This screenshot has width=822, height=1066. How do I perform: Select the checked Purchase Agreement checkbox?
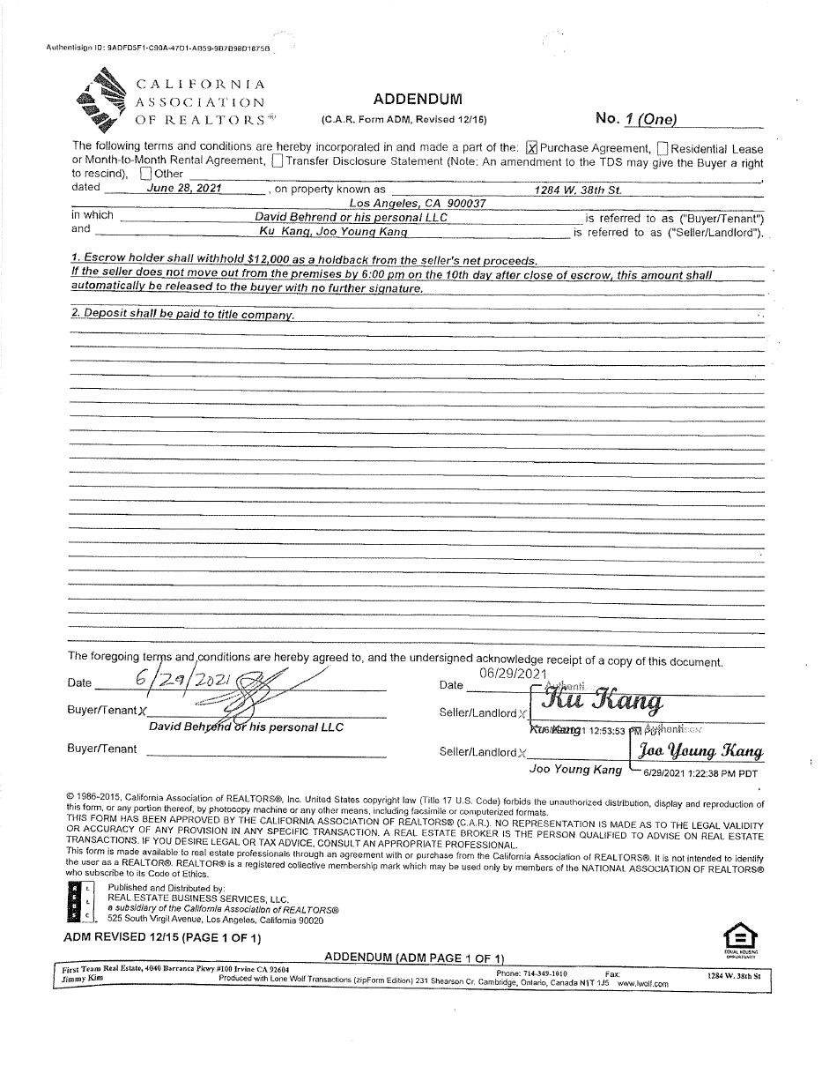click(x=531, y=149)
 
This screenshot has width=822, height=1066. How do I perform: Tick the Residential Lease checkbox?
click(x=663, y=149)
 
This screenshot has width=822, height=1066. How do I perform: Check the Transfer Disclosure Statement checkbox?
click(x=278, y=161)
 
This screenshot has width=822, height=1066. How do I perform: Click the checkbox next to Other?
click(x=146, y=174)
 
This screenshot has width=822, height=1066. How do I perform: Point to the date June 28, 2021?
click(x=185, y=188)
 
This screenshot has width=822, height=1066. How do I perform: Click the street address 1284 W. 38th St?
click(x=577, y=190)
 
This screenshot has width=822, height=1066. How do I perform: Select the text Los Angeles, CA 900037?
click(x=418, y=203)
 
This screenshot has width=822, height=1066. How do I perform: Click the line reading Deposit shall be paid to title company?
click(x=182, y=315)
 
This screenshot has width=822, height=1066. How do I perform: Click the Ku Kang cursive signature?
click(x=602, y=701)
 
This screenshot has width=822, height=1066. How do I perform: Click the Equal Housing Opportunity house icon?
click(x=739, y=936)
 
